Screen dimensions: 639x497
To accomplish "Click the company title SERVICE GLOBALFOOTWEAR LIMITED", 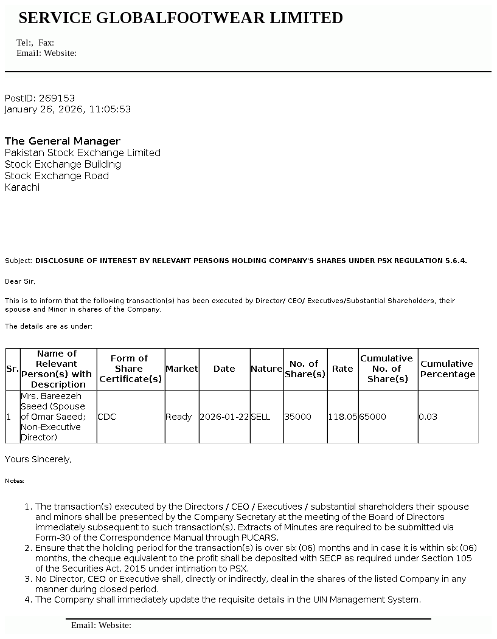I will click(x=181, y=18).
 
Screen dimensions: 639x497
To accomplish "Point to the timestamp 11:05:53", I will click(x=110, y=109).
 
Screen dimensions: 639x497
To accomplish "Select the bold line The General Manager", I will click(x=63, y=141).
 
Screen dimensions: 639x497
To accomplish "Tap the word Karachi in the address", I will click(x=22, y=187).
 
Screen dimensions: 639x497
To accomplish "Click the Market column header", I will click(x=182, y=369).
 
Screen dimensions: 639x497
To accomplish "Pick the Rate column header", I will click(x=342, y=369).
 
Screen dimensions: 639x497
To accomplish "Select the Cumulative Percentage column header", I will click(x=448, y=369).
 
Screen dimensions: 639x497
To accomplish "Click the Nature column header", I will click(x=266, y=369).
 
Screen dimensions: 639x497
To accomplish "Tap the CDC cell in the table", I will click(x=106, y=417).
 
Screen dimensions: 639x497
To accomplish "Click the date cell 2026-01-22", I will click(x=224, y=417).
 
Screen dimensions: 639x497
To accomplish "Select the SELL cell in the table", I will click(x=260, y=417).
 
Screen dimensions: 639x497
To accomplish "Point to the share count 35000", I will click(x=298, y=417).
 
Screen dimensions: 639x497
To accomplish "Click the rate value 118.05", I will click(x=342, y=417).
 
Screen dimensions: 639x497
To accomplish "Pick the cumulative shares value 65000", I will click(x=373, y=417).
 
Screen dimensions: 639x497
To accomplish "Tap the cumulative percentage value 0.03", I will click(x=428, y=417).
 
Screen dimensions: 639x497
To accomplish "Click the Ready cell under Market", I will click(x=179, y=417).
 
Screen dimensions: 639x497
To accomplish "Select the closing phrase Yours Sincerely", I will click(x=38, y=459).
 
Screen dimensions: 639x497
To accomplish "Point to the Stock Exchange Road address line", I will click(x=57, y=176).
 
